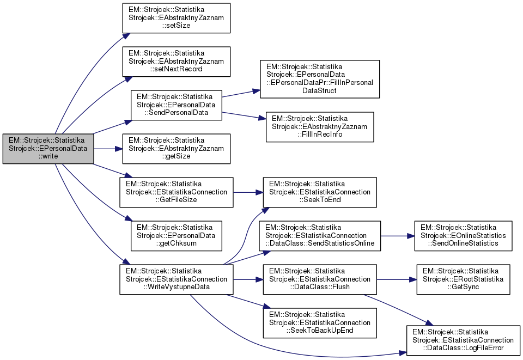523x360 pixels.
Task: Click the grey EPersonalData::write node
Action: click(x=48, y=149)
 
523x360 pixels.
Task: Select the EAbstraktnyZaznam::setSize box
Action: click(x=176, y=19)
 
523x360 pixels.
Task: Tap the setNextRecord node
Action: click(x=176, y=62)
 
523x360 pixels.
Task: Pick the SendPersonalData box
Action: click(x=176, y=105)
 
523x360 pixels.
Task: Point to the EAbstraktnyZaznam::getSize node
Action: click(x=176, y=149)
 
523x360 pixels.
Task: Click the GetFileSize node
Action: click(x=176, y=192)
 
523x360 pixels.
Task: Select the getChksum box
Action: click(x=176, y=235)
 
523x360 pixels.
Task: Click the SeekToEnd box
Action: click(x=320, y=192)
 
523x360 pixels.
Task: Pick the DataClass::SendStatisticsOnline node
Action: click(x=320, y=236)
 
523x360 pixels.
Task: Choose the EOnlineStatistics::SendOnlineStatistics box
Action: click(x=463, y=236)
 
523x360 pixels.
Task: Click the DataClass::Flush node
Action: click(x=320, y=279)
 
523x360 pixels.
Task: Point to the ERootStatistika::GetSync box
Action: click(x=463, y=279)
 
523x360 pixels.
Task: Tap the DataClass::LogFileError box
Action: click(x=463, y=340)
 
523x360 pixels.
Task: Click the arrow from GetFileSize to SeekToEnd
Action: click(x=248, y=192)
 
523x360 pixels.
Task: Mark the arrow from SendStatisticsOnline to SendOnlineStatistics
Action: click(x=397, y=236)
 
